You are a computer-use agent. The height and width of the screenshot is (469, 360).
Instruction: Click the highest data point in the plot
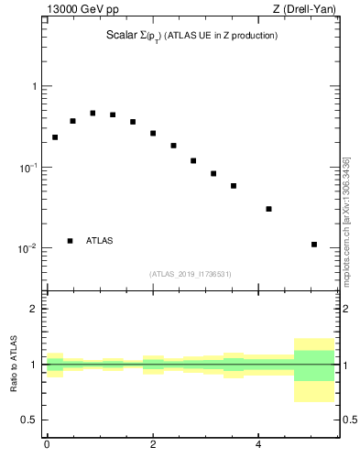(x=93, y=114)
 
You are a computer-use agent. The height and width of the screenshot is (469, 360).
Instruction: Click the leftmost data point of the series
(x=55, y=137)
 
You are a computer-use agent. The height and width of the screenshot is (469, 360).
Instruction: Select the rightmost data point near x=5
(x=314, y=245)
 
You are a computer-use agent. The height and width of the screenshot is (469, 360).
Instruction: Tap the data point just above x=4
(x=269, y=209)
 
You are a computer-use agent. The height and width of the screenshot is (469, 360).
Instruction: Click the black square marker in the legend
(x=70, y=241)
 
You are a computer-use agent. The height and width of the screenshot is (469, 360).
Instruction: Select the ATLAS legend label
(x=100, y=241)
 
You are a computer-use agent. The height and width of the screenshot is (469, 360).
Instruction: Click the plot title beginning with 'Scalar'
(x=191, y=36)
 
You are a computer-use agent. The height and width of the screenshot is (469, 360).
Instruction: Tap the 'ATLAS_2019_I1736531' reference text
(x=191, y=274)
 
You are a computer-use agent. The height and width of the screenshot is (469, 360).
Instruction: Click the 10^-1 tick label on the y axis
(x=27, y=168)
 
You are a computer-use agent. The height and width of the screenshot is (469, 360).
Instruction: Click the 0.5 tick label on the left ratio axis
(x=27, y=420)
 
